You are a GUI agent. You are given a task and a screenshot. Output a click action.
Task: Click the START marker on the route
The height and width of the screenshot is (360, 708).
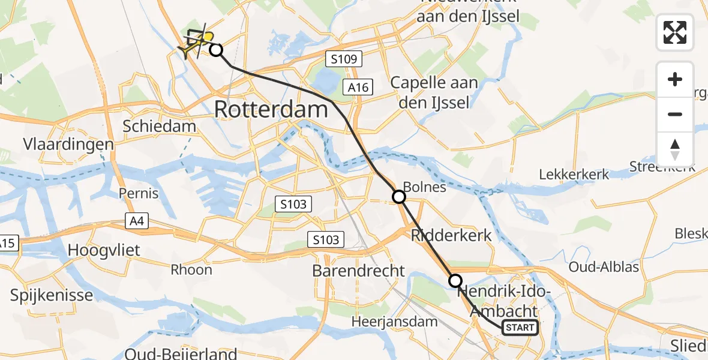pyautogui.click(x=520, y=328)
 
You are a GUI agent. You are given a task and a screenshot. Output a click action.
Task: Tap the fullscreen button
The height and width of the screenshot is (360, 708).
pyautogui.click(x=675, y=32)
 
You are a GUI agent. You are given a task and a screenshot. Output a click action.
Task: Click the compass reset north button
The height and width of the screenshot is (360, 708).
pyautogui.click(x=675, y=149)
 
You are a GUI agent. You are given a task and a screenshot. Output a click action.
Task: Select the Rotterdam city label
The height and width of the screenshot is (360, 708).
pyautogui.click(x=271, y=110)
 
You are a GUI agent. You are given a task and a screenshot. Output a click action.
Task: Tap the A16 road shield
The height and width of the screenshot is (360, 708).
pyautogui.click(x=358, y=88)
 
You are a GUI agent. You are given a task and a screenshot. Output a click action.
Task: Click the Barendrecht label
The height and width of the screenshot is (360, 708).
pyautogui.click(x=359, y=271)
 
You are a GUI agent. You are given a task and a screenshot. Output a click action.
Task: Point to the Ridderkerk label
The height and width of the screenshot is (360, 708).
pyautogui.click(x=451, y=235)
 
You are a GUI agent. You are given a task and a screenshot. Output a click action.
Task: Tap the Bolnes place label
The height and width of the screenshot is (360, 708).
pyautogui.click(x=425, y=187)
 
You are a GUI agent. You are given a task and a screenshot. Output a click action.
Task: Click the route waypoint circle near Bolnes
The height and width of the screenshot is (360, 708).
pyautogui.click(x=399, y=196)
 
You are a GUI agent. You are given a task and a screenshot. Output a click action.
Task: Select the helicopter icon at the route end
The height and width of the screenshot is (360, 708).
pyautogui.click(x=196, y=42)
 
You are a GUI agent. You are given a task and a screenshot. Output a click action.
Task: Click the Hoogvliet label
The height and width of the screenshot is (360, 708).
pyautogui.click(x=104, y=250)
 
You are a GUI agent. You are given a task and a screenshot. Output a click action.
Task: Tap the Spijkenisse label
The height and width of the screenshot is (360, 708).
pyautogui.click(x=52, y=295)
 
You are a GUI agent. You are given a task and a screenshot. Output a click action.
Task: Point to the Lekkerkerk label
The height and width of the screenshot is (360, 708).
pyautogui.click(x=574, y=175)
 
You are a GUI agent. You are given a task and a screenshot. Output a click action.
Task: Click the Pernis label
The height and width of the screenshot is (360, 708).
pyautogui.click(x=139, y=193)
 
